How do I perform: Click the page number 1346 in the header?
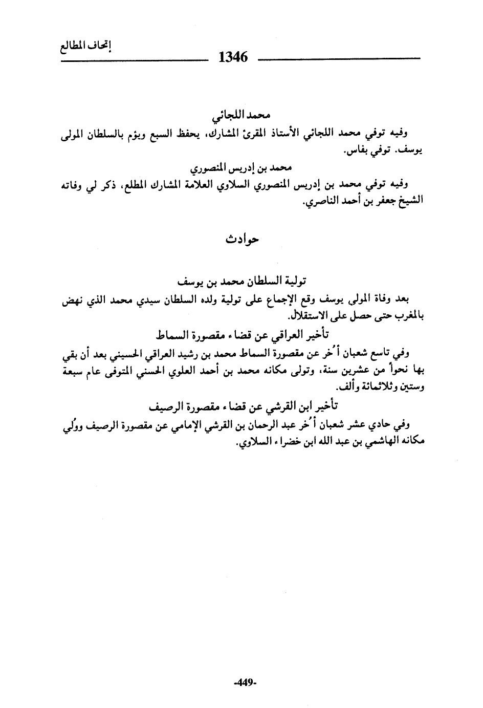click(x=233, y=57)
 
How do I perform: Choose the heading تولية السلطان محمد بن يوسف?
click(x=243, y=281)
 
